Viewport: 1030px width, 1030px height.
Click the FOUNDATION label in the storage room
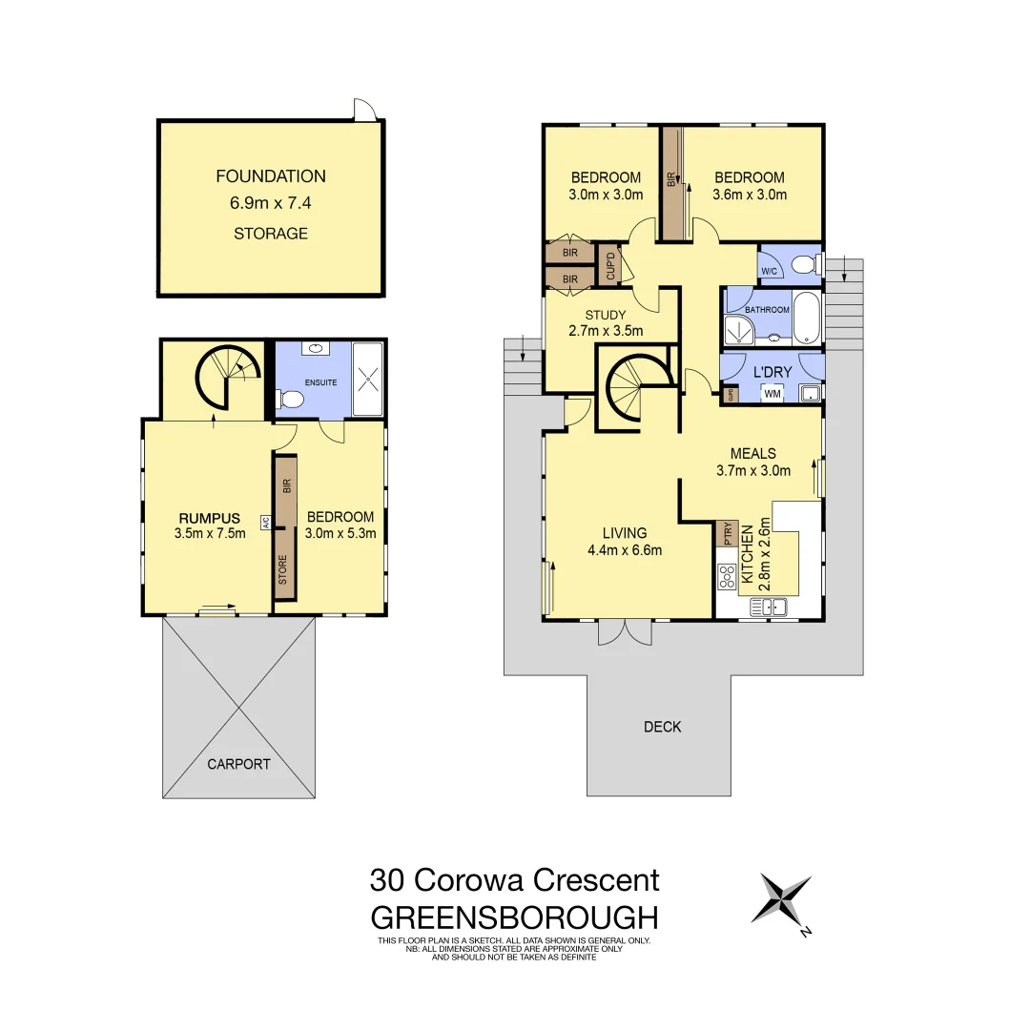click(x=271, y=176)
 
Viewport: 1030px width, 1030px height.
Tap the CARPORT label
click(x=239, y=764)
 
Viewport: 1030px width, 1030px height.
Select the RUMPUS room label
click(x=210, y=518)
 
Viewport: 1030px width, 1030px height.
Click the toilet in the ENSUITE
click(x=290, y=401)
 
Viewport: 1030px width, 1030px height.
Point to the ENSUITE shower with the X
click(x=367, y=380)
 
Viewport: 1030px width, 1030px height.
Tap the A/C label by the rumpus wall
click(x=267, y=522)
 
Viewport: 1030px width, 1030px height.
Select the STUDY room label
click(x=606, y=316)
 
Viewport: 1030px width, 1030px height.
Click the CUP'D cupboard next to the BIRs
click(x=609, y=264)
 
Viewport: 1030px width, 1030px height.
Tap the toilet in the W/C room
click(x=805, y=264)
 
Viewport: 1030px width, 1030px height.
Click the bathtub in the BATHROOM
click(x=806, y=319)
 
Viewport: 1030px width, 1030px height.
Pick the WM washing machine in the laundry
click(x=772, y=393)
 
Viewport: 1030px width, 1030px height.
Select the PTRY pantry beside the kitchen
click(x=728, y=533)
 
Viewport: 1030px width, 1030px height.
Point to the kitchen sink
click(x=768, y=606)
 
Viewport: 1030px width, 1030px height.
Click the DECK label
click(x=662, y=727)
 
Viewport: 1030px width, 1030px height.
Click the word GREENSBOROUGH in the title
click(x=514, y=917)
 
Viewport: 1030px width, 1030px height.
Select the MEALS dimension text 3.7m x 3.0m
click(x=753, y=470)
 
